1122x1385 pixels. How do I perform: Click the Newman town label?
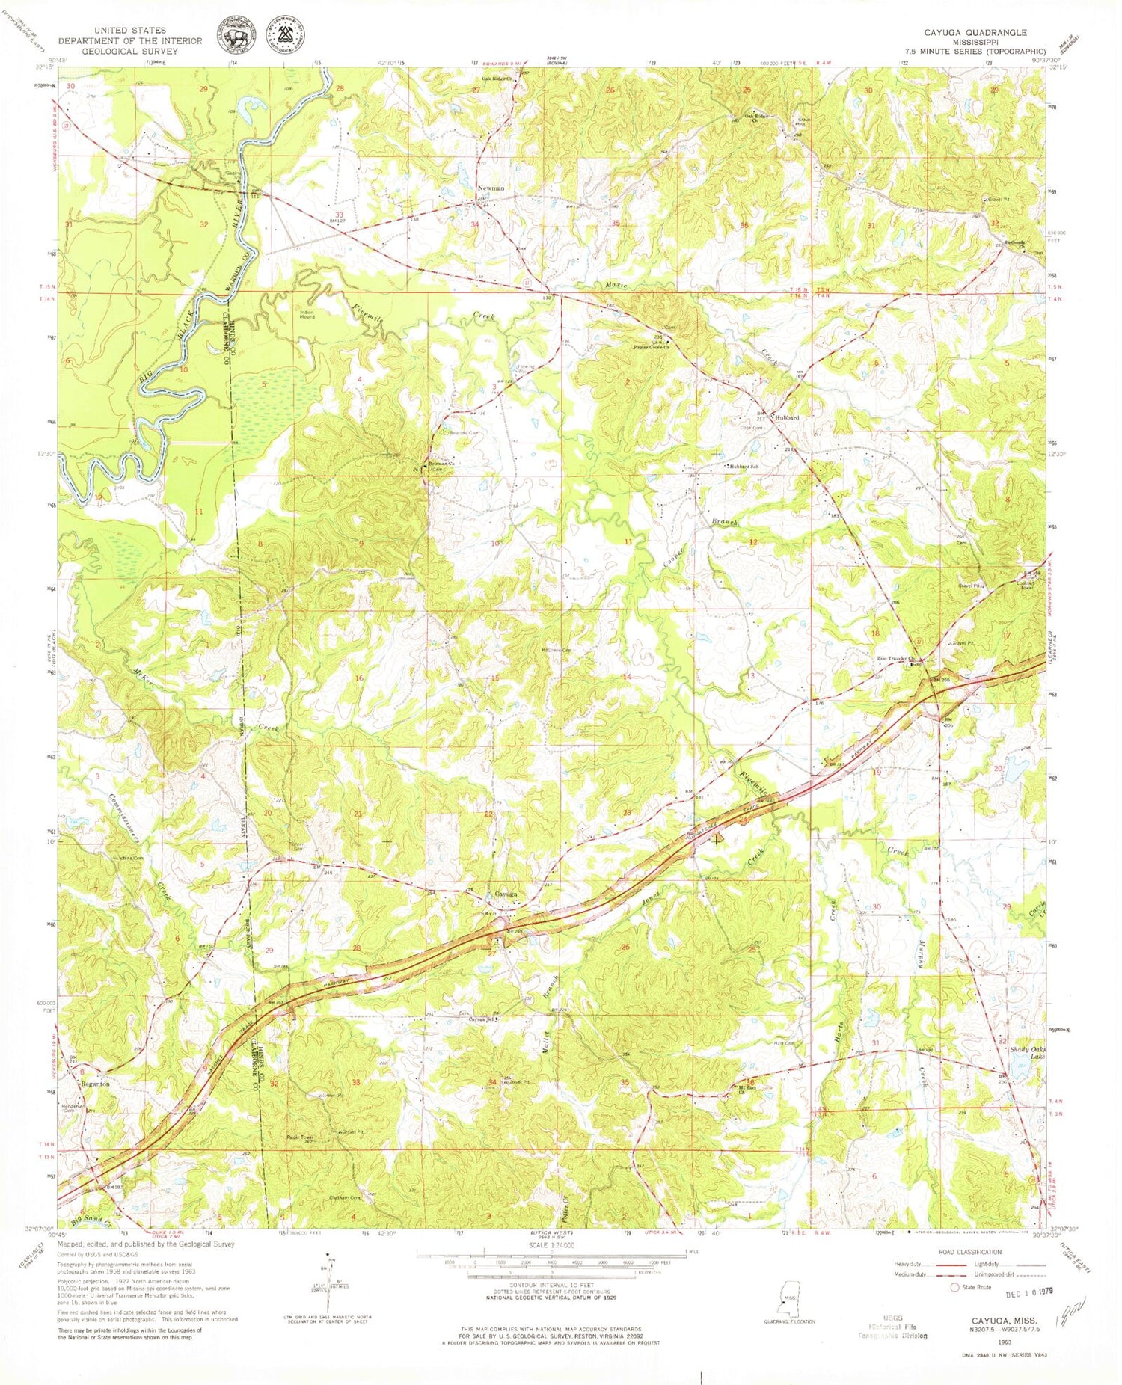[x=491, y=188]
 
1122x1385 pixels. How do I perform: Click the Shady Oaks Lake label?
[x=1026, y=1052]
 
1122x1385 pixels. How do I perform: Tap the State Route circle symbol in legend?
[x=954, y=1287]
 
